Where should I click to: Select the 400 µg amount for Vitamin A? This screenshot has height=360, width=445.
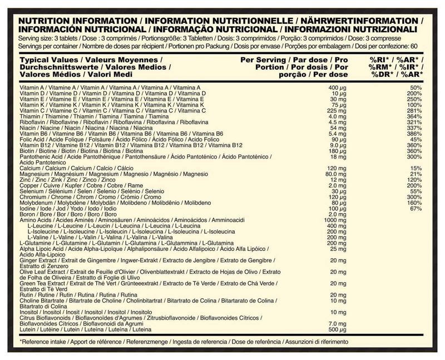pos(334,88)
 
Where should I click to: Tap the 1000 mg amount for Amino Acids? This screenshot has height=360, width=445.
pos(332,220)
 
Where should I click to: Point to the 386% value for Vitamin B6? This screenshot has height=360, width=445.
pos(414,134)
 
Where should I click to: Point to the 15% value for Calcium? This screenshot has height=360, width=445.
pos(416,168)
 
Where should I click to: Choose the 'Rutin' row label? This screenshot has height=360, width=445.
pos(26,294)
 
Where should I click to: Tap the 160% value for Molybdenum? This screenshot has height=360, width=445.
pos(414,203)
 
